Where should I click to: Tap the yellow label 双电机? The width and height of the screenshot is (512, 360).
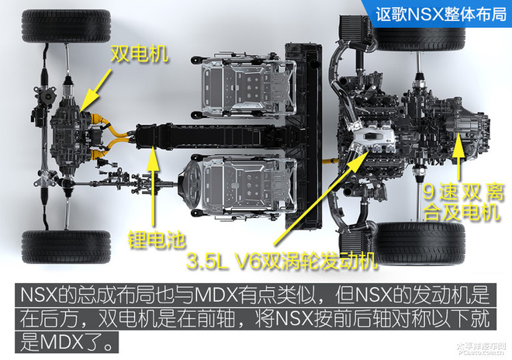[140, 54]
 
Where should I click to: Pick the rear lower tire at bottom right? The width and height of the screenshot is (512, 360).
[420, 244]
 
